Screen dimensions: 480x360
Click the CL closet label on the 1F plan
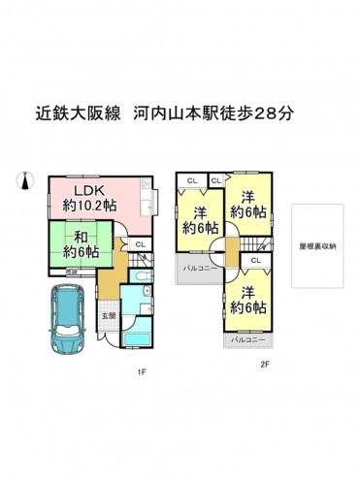tap(140, 244)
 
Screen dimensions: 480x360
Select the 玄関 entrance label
tap(111, 315)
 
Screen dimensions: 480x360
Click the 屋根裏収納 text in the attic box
tap(317, 245)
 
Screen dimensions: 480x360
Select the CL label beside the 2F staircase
tap(255, 261)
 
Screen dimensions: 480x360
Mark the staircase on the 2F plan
tap(254, 242)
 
